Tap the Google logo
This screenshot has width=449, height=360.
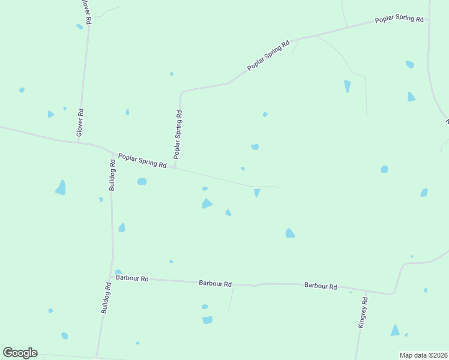pyautogui.click(x=20, y=353)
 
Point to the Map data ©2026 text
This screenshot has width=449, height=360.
pyautogui.click(x=423, y=355)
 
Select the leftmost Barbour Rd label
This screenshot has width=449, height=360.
pyautogui.click(x=132, y=279)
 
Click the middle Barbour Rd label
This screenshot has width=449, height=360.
pyautogui.click(x=215, y=283)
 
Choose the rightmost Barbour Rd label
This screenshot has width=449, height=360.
pyautogui.click(x=320, y=286)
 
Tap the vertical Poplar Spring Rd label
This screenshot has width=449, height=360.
pyautogui.click(x=178, y=134)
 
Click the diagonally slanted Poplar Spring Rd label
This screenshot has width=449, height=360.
pyautogui.click(x=268, y=55)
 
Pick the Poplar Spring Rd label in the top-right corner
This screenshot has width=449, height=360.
pyautogui.click(x=399, y=19)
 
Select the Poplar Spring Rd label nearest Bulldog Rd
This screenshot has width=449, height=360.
pyautogui.click(x=142, y=160)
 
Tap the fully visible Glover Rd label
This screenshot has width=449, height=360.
pyautogui.click(x=80, y=122)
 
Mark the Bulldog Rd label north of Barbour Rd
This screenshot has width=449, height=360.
pyautogui.click(x=112, y=175)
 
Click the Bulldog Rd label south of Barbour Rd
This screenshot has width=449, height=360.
pyautogui.click(x=106, y=299)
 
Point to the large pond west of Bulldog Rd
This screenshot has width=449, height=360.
pyautogui.click(x=61, y=188)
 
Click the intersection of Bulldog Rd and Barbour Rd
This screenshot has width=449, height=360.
pyautogui.click(x=112, y=278)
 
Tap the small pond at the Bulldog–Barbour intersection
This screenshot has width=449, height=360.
pyautogui.click(x=118, y=272)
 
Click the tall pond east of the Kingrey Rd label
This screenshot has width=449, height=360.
pyautogui.click(x=395, y=330)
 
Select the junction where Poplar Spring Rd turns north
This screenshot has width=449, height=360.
pyautogui.click(x=175, y=167)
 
